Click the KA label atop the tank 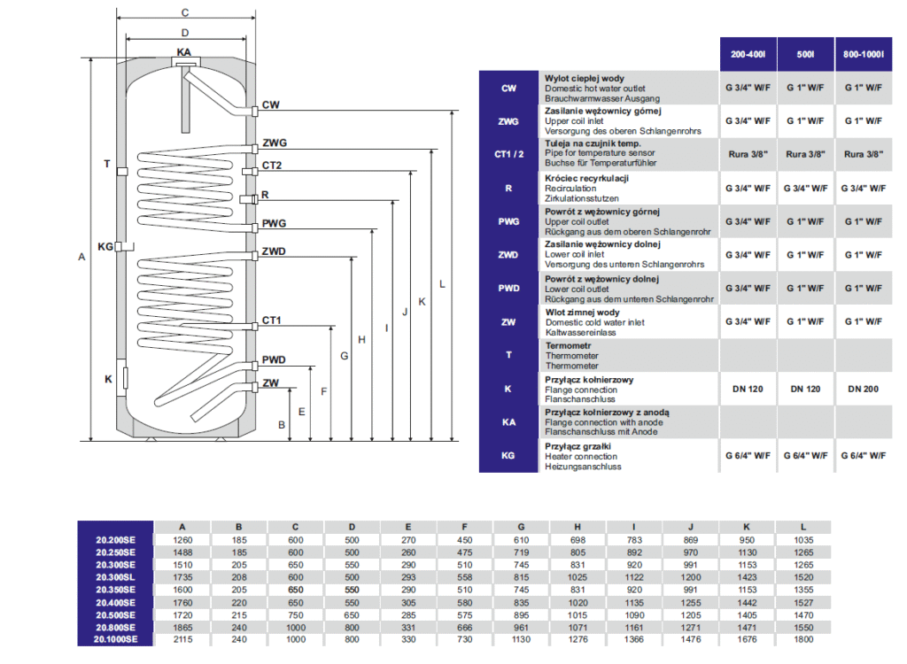183,52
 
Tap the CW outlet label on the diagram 270,104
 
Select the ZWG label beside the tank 274,143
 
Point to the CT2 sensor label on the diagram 271,166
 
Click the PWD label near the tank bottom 274,360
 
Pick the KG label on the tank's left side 105,246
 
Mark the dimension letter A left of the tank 81,257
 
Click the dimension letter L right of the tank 441,283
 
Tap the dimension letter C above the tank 184,12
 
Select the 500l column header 805,55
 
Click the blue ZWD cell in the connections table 508,254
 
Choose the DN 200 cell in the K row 864,389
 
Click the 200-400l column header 748,55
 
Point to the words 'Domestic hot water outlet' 595,89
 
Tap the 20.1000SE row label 115,638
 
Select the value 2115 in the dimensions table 182,638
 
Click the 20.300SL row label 115,576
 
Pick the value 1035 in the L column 802,539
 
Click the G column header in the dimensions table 521,526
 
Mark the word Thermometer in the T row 571,356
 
